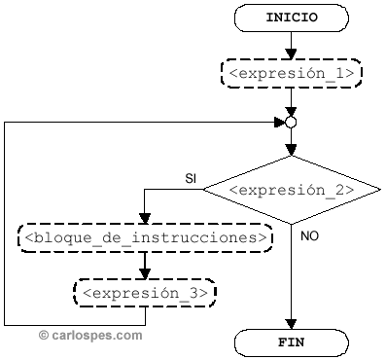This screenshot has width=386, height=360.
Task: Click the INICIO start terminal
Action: click(x=291, y=18)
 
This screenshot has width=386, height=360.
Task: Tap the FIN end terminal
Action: click(x=291, y=342)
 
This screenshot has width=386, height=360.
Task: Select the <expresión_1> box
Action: click(x=291, y=73)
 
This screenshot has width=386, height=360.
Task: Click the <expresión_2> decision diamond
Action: click(x=291, y=189)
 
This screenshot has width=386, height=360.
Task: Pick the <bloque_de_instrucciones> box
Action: click(x=145, y=236)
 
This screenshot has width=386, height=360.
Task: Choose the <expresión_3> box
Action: click(x=145, y=291)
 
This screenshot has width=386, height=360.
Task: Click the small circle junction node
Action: click(x=291, y=123)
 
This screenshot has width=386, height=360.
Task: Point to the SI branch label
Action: click(x=192, y=178)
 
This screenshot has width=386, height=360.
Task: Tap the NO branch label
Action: click(x=309, y=236)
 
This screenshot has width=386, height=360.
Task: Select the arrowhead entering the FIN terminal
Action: click(x=291, y=325)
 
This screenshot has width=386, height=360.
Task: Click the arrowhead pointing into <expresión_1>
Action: click(x=291, y=54)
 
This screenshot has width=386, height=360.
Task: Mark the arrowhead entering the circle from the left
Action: click(x=280, y=123)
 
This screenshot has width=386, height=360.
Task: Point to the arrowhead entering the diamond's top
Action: click(x=291, y=150)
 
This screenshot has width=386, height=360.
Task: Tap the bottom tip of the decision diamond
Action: click(x=291, y=223)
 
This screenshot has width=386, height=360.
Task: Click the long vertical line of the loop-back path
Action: click(x=5, y=224)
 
